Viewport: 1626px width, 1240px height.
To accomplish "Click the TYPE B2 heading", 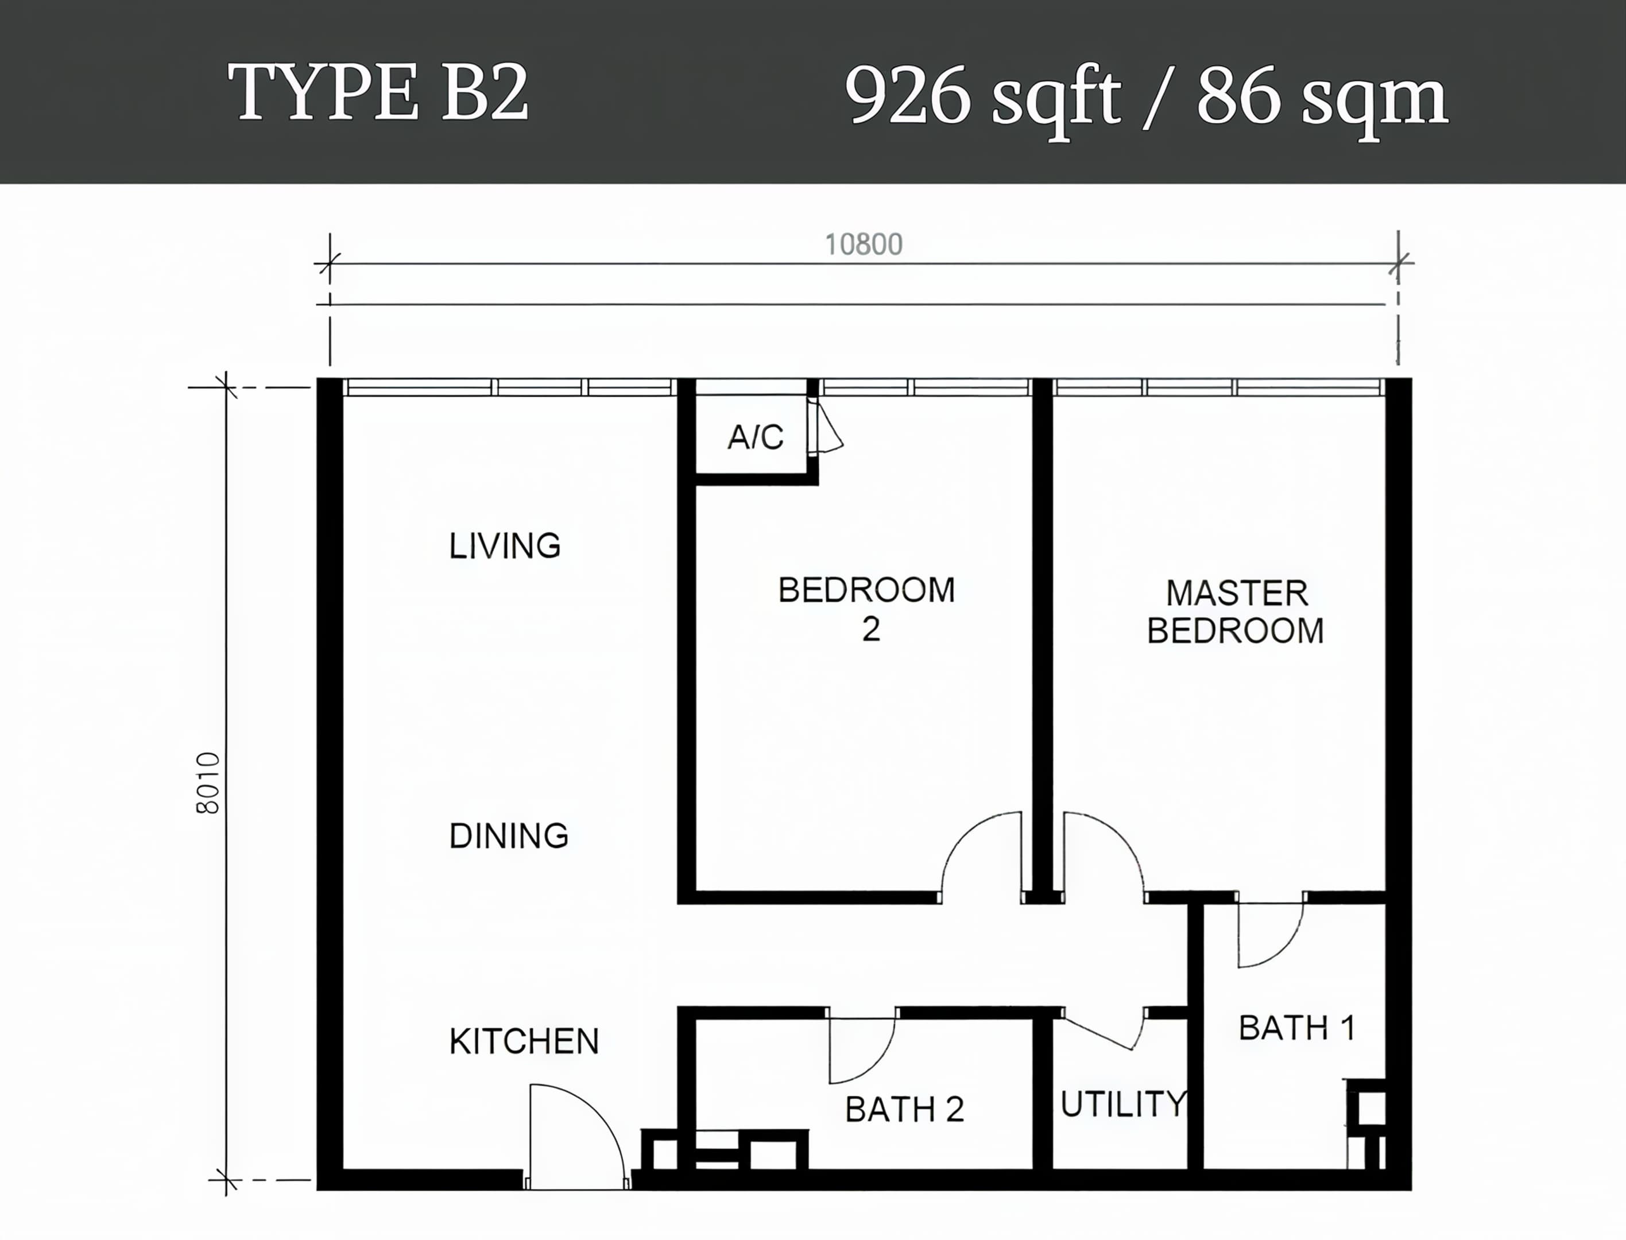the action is tap(378, 93).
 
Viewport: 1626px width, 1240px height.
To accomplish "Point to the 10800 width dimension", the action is tap(864, 245).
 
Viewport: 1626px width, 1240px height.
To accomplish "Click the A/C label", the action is tap(756, 437).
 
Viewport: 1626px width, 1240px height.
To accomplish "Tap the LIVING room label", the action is tap(505, 546).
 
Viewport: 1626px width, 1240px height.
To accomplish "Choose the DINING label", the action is tap(509, 835).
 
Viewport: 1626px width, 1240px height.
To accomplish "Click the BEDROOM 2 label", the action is tap(867, 609).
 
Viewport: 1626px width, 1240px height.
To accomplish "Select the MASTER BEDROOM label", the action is tap(1236, 612).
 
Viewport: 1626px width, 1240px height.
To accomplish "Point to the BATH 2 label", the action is tap(904, 1109).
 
